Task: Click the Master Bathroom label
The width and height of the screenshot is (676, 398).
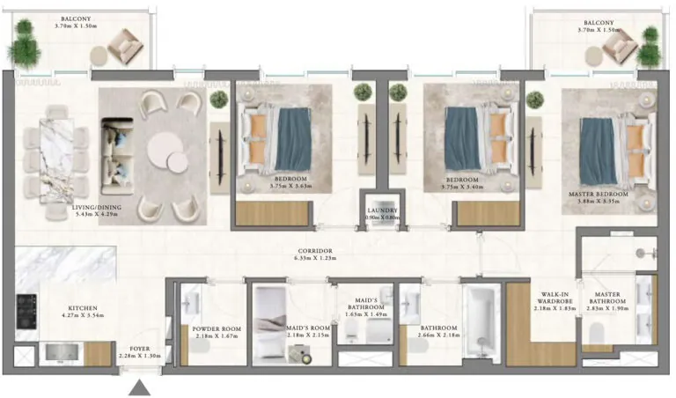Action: [x=613, y=299]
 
